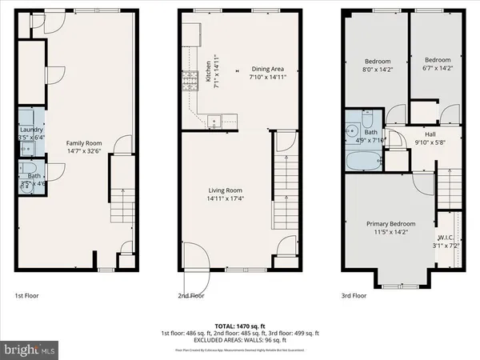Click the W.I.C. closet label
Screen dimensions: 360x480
click(x=446, y=237)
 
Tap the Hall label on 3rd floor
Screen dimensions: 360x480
click(x=430, y=134)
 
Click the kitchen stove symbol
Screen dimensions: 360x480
click(x=192, y=79)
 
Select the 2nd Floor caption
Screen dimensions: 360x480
click(x=191, y=296)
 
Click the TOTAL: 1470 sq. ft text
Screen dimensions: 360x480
click(x=240, y=325)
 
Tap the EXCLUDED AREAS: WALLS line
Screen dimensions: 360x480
click(x=240, y=339)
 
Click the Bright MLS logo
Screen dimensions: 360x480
click(x=30, y=350)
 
